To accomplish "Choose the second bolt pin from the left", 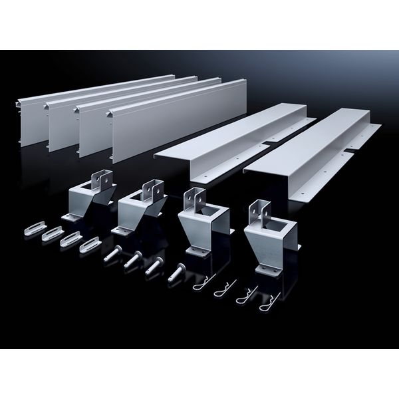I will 133,259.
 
